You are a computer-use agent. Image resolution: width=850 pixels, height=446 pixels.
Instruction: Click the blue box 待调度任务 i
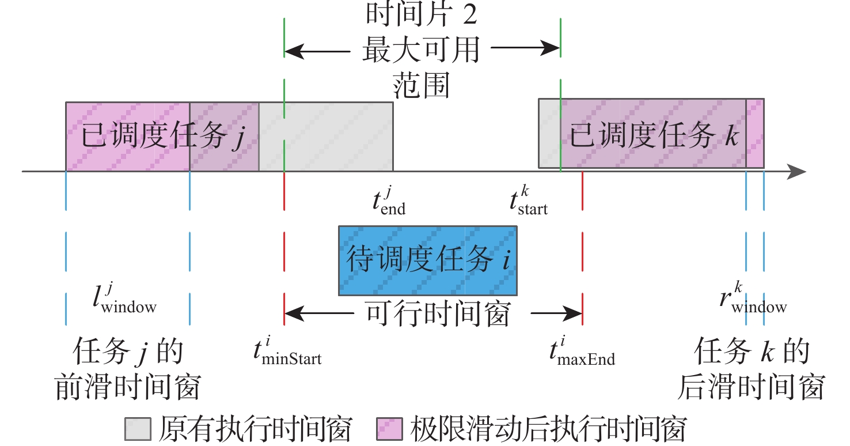pyautogui.click(x=427, y=260)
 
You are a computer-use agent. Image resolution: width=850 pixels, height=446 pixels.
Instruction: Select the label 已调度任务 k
pyautogui.click(x=654, y=137)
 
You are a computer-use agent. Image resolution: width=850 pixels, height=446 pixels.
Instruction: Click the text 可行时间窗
pyautogui.click(x=438, y=315)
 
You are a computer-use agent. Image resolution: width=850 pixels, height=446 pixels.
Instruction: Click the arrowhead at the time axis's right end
pyautogui.click(x=798, y=171)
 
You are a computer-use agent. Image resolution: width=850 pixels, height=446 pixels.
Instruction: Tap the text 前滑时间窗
pyautogui.click(x=127, y=387)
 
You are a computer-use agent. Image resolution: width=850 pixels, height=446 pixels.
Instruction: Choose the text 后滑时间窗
pyautogui.click(x=751, y=387)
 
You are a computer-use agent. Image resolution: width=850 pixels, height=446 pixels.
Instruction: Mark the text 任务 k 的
pyautogui.click(x=752, y=352)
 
